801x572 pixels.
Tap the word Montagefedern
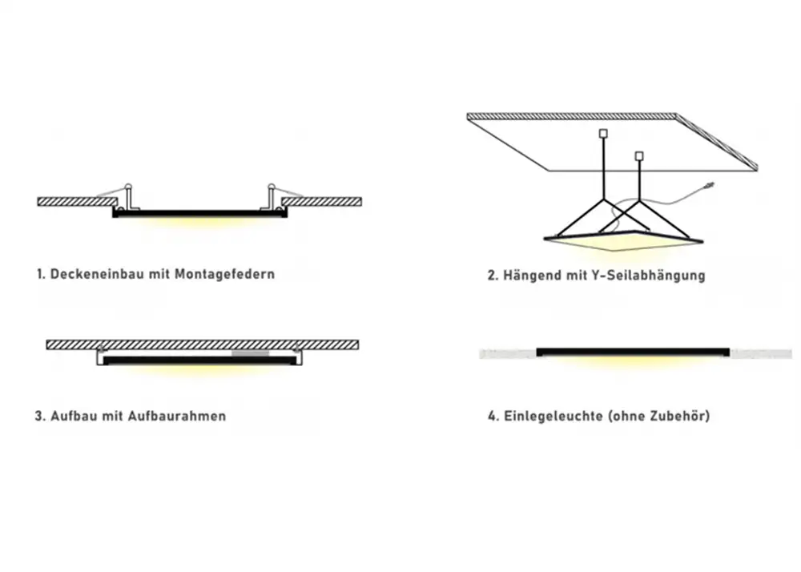click(225, 274)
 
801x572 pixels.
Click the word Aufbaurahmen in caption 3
click(177, 417)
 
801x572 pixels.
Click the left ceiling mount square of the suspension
click(603, 134)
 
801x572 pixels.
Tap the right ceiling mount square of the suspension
click(638, 155)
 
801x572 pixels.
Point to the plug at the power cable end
click(710, 186)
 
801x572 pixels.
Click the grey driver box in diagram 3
click(250, 353)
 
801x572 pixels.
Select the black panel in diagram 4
click(633, 352)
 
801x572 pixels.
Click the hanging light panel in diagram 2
click(623, 240)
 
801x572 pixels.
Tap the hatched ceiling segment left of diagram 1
click(77, 202)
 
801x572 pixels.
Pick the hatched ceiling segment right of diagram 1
click(322, 202)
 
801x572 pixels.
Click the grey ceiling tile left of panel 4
click(508, 353)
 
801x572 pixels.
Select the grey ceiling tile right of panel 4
click(761, 353)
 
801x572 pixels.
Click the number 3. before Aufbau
click(40, 417)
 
